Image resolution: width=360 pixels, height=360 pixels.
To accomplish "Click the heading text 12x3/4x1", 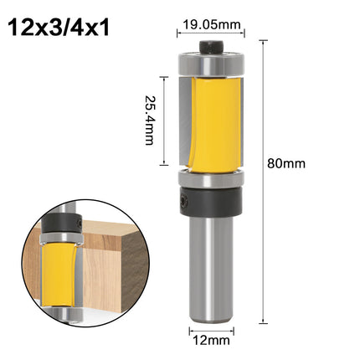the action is pyautogui.click(x=59, y=28).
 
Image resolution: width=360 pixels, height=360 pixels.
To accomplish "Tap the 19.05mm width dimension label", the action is pyautogui.click(x=212, y=24).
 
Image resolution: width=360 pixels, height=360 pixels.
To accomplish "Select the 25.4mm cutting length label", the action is pyautogui.click(x=149, y=121).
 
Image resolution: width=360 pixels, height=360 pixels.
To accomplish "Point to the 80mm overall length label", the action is pyautogui.click(x=286, y=163).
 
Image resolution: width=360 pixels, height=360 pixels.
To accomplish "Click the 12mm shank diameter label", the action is pyautogui.click(x=212, y=341).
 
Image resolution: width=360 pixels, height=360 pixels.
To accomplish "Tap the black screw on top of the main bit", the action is pyautogui.click(x=211, y=46).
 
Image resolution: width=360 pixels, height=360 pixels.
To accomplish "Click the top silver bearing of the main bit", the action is pyautogui.click(x=211, y=64).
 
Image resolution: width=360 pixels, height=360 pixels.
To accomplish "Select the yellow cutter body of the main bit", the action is pyautogui.click(x=216, y=125).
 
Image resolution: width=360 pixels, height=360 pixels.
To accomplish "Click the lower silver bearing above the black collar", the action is pyautogui.click(x=211, y=178).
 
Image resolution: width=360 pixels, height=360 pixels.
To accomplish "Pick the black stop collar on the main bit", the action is pyautogui.click(x=211, y=201).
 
